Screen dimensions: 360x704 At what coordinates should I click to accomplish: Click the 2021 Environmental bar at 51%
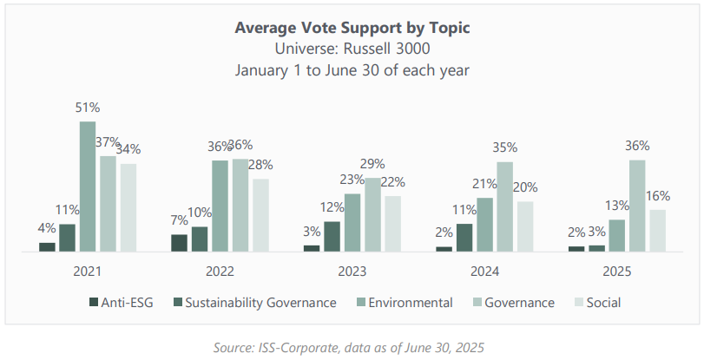[x=88, y=187]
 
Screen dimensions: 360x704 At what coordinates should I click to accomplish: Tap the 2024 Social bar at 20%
[x=524, y=226]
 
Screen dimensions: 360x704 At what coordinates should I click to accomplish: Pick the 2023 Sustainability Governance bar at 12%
[x=331, y=237]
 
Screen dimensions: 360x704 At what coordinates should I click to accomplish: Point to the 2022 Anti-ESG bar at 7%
[x=179, y=243]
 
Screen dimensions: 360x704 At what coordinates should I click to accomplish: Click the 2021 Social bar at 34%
[x=128, y=207]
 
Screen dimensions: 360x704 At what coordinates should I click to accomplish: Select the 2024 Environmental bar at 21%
[x=484, y=225]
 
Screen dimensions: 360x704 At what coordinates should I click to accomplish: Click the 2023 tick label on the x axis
[x=352, y=272]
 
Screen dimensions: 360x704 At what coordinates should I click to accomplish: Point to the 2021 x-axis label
[x=88, y=272]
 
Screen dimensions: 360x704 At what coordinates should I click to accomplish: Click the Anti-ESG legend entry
[x=121, y=303]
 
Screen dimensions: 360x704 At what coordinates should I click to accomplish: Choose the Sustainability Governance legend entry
[x=257, y=303]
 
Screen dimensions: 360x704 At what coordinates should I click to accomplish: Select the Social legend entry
[x=598, y=303]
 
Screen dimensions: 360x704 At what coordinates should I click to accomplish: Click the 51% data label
[x=88, y=108]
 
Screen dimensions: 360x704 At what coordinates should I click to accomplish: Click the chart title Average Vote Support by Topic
[x=352, y=28]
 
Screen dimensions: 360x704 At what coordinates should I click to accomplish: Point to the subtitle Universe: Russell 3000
[x=352, y=49]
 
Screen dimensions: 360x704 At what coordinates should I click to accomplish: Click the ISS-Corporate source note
[x=352, y=347]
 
